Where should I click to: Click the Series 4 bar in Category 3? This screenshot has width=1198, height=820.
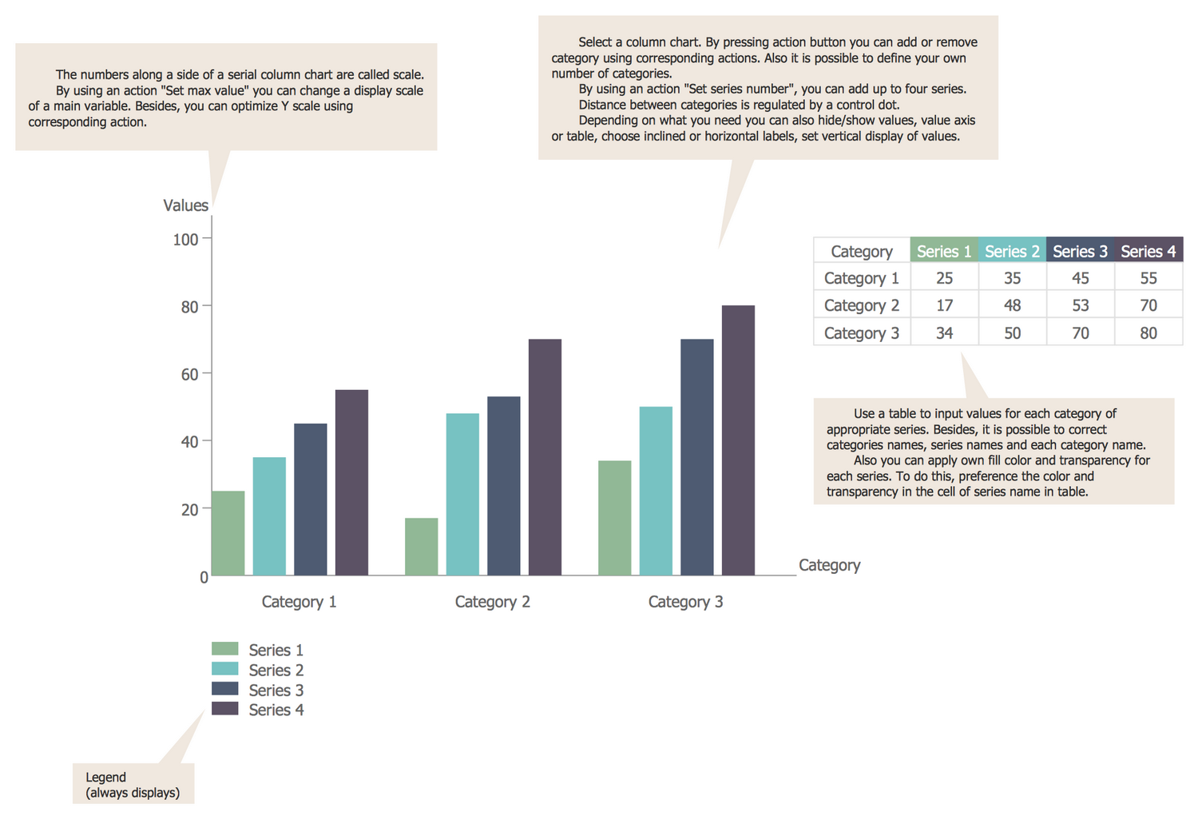point(738,440)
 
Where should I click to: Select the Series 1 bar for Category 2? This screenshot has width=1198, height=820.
point(421,547)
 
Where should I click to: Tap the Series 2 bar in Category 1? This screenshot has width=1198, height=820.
point(269,515)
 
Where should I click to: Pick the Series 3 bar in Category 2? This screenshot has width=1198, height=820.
point(503,485)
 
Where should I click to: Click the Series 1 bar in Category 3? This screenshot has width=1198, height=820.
point(614,517)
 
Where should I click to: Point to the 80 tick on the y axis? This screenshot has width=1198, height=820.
point(189,307)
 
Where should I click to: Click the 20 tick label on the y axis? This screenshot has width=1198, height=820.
point(189,509)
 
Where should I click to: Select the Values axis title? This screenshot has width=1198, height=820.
point(185,205)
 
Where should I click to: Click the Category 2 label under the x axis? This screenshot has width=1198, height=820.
point(492,602)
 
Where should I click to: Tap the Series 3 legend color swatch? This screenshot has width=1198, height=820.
point(224,689)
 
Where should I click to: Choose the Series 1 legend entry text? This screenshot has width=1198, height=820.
point(276,650)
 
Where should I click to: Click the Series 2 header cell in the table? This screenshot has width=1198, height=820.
point(1012,251)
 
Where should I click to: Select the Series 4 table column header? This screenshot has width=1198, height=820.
point(1148,251)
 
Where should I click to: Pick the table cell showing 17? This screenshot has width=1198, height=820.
point(944,305)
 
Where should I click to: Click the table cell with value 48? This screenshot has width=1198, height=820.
point(1012,305)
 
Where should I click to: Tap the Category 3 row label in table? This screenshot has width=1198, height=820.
point(861,332)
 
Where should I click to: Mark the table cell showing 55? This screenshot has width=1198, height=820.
point(1148,278)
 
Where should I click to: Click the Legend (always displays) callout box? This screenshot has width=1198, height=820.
point(133,784)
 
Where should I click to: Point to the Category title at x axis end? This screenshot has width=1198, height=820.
point(829,565)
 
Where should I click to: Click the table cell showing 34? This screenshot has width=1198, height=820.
point(944,332)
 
